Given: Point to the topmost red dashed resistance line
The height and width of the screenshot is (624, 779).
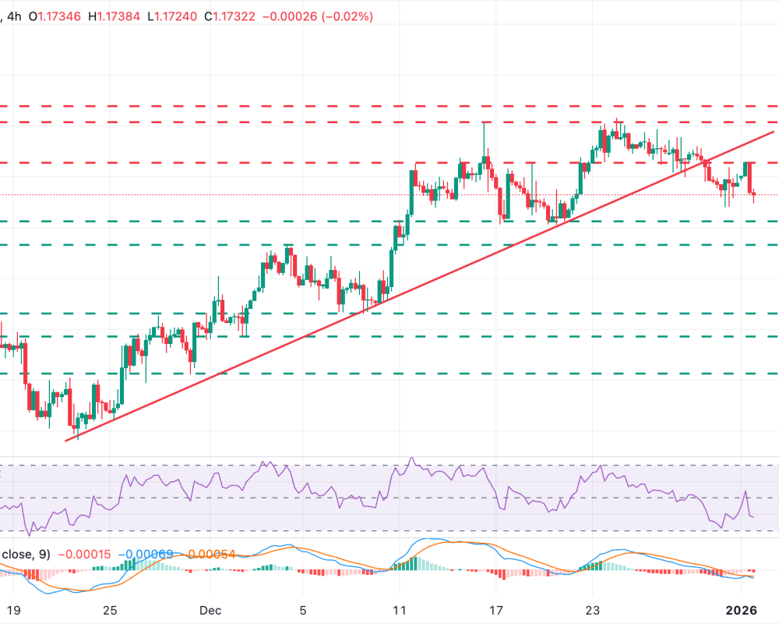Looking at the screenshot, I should [389, 105].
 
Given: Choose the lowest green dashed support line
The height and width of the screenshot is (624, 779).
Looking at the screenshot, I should [389, 373].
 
